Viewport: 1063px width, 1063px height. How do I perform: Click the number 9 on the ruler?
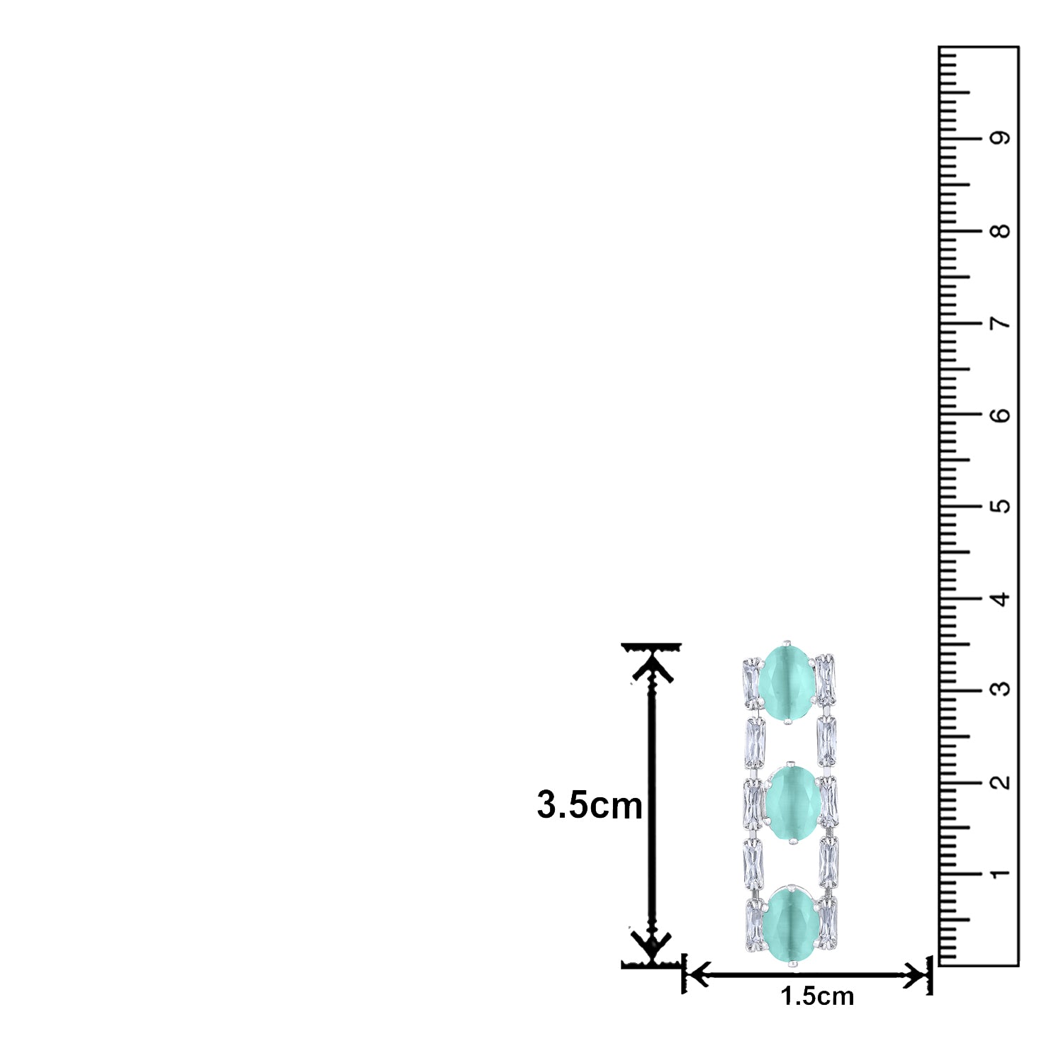pos(1001,137)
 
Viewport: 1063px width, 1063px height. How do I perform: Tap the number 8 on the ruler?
pos(1001,231)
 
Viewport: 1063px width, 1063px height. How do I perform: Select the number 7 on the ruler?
pos(1001,323)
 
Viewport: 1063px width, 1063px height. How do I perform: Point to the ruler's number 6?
pos(1001,415)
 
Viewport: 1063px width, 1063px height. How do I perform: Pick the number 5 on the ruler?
pos(1001,507)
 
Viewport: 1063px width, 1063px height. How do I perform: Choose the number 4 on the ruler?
pos(1001,600)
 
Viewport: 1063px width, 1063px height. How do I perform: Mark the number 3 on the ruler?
pos(1001,689)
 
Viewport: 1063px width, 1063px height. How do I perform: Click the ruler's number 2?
pos(1001,782)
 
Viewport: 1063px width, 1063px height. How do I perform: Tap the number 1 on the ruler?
pos(1001,874)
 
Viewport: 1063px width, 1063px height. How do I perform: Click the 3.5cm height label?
pos(590,806)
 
